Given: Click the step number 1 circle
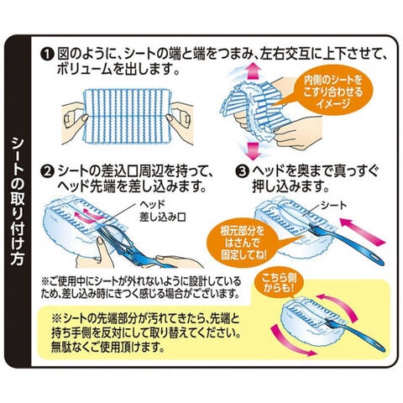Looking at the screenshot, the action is pyautogui.click(x=47, y=54).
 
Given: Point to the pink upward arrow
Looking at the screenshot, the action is pyautogui.click(x=254, y=71).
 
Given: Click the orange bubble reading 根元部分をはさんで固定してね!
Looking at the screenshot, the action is pyautogui.click(x=244, y=242).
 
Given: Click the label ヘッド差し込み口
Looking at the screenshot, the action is pyautogui.click(x=162, y=212).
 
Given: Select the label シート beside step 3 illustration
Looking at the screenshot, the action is pyautogui.click(x=334, y=206).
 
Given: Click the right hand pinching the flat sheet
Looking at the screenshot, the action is pyautogui.click(x=180, y=120).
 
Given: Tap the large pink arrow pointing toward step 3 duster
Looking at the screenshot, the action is pyautogui.click(x=362, y=231).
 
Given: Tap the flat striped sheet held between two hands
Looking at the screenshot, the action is pyautogui.click(x=128, y=117).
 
